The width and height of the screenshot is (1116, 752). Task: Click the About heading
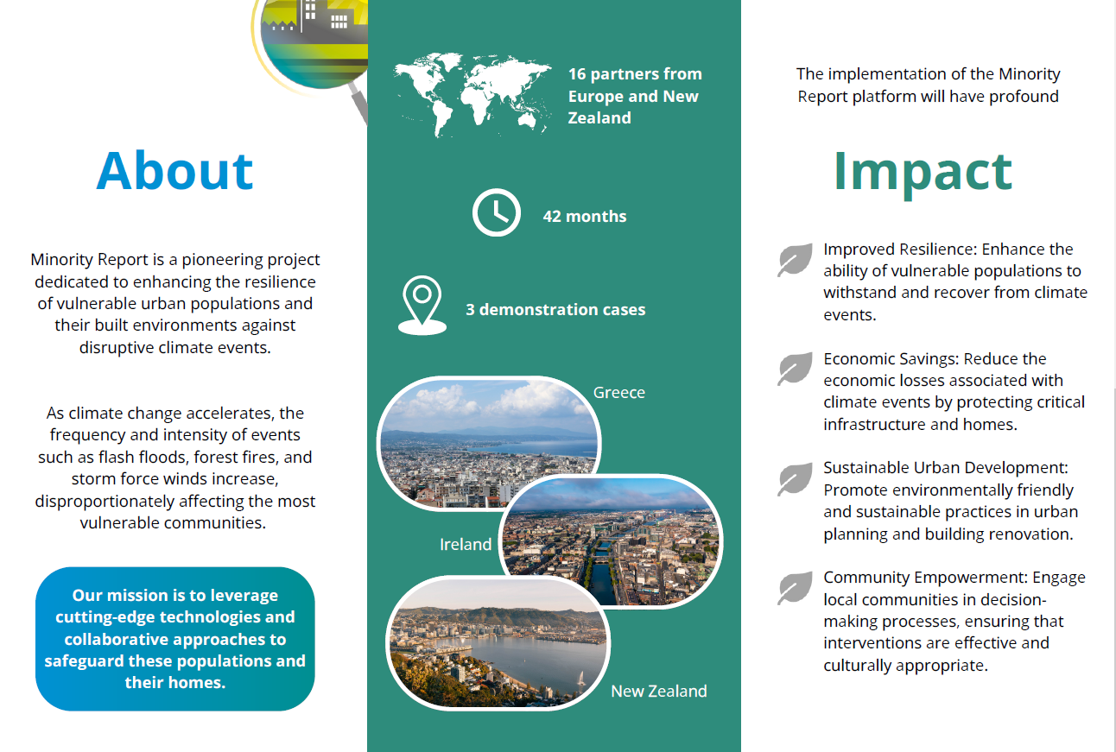(x=174, y=171)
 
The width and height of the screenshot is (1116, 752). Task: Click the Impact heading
(x=923, y=174)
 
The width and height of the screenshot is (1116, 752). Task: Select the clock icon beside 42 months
(x=496, y=212)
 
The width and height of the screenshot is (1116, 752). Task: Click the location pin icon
(x=422, y=306)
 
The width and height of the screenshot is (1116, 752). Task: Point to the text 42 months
(x=585, y=216)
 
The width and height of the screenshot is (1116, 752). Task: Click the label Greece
(x=618, y=393)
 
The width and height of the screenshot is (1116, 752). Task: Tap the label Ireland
(x=466, y=544)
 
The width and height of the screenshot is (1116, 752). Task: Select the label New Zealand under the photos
(x=659, y=691)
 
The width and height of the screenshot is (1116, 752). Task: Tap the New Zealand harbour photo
(x=498, y=642)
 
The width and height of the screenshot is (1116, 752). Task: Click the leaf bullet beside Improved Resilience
(x=795, y=260)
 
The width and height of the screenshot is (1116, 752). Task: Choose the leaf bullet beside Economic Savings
(x=795, y=369)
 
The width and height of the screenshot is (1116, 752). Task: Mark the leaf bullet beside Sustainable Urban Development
(x=795, y=478)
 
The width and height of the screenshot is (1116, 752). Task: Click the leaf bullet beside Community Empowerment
(x=795, y=588)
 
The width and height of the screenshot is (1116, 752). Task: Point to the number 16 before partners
(x=577, y=74)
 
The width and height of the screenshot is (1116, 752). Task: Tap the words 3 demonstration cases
(x=555, y=309)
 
